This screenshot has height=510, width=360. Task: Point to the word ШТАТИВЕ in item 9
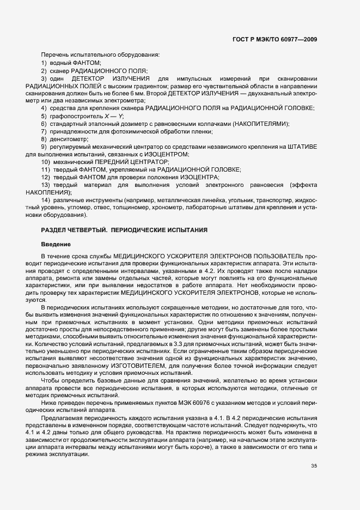click(x=303, y=147)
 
